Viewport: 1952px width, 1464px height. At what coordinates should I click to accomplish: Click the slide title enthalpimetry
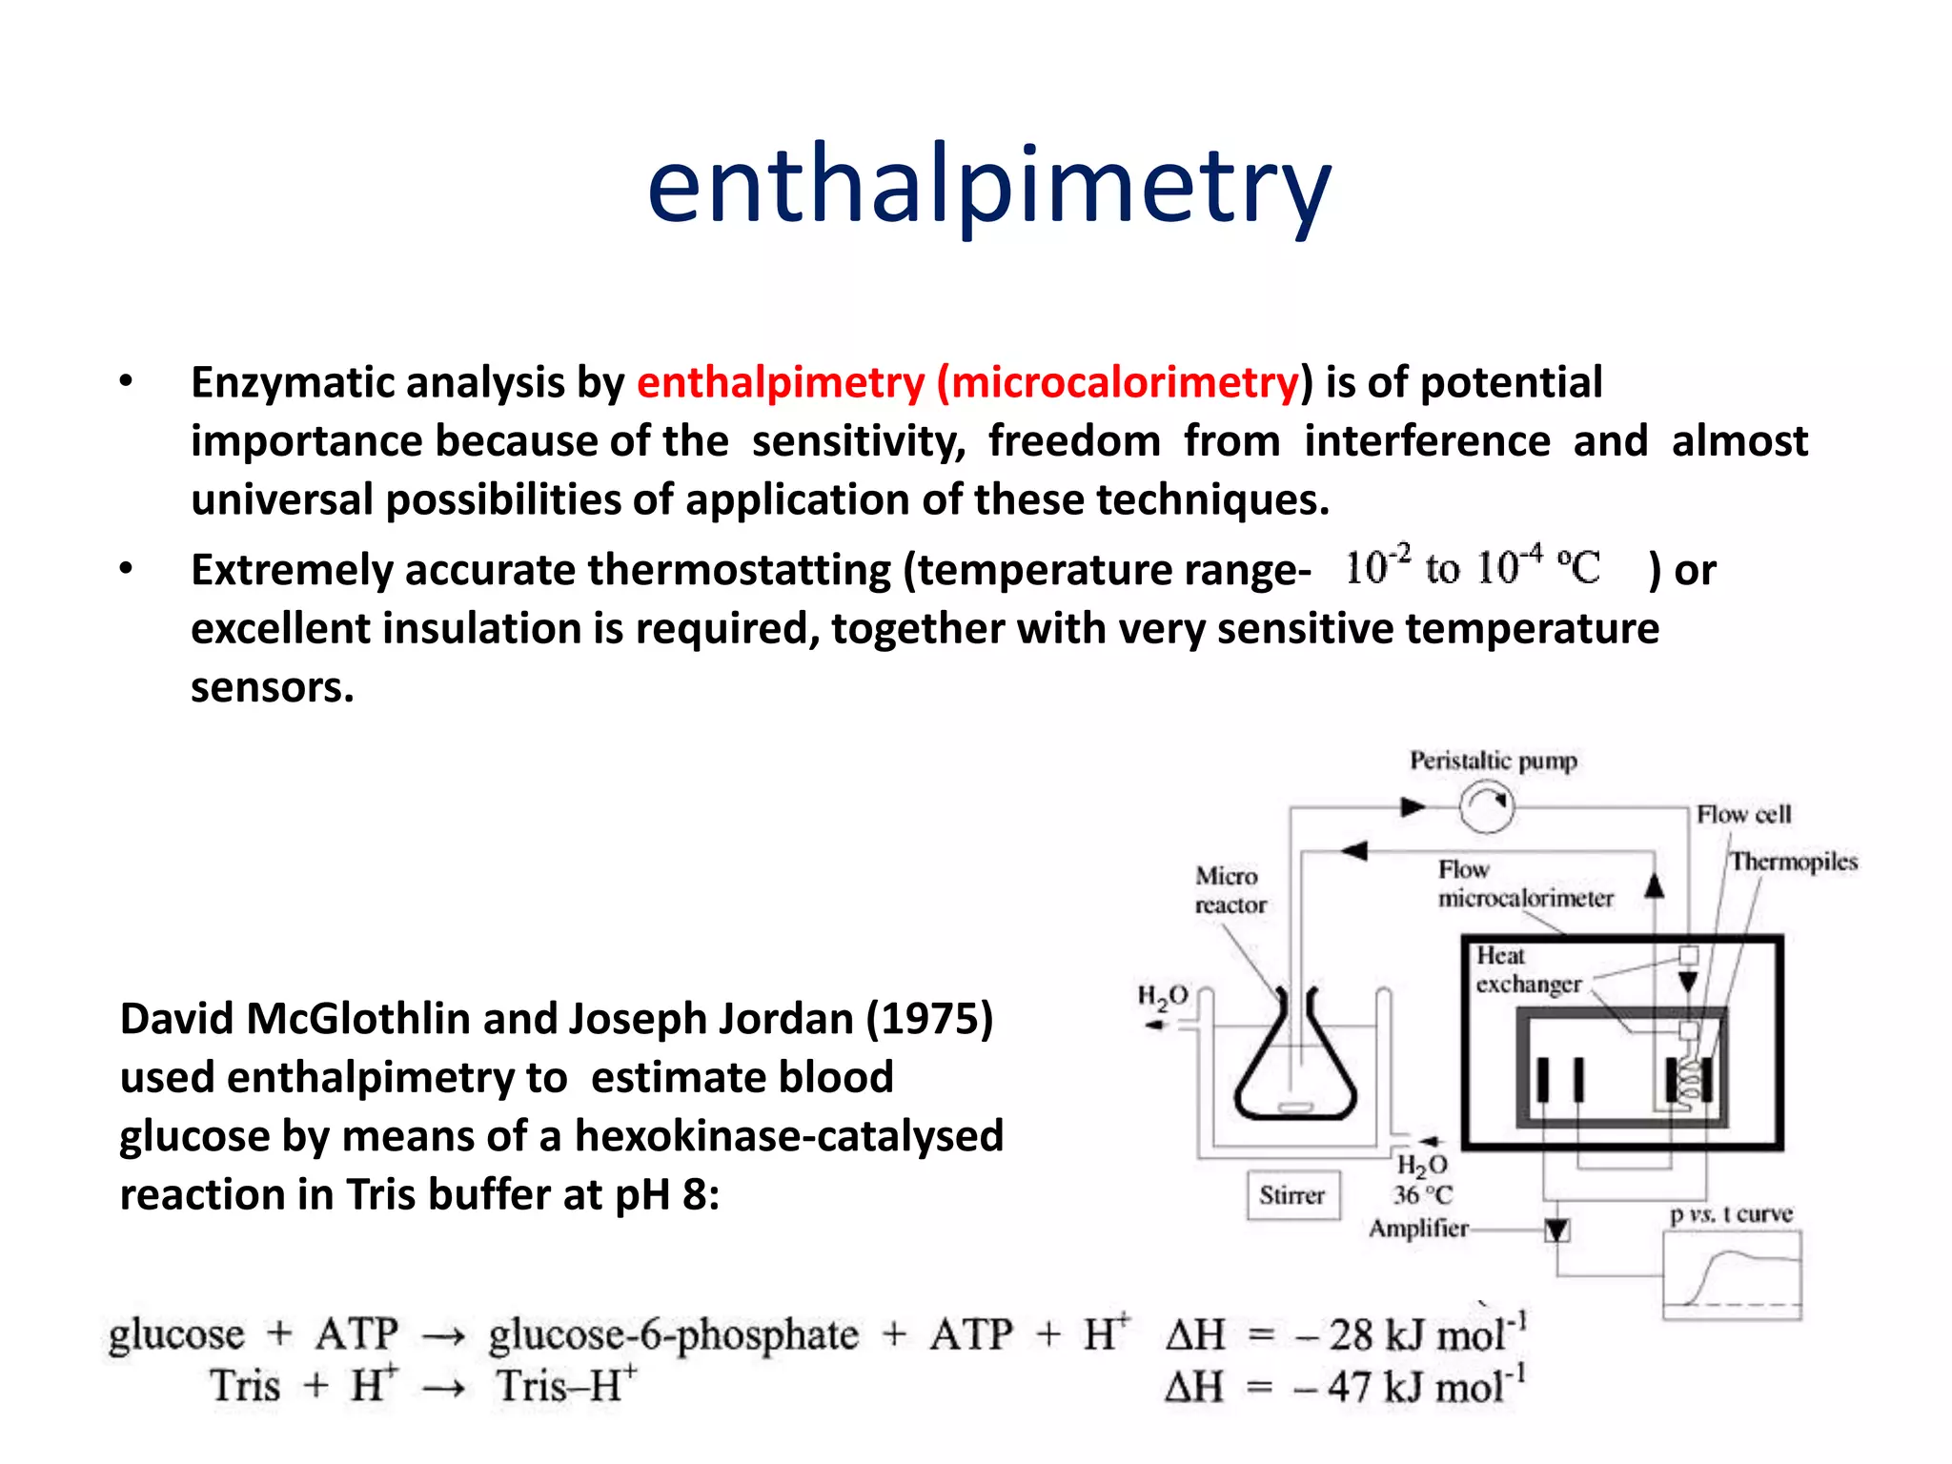pos(988,186)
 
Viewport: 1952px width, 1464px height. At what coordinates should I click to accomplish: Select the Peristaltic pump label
pos(1493,761)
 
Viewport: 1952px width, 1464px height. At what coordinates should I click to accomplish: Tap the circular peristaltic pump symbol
pos(1487,806)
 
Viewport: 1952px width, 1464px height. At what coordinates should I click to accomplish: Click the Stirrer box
pos(1292,1195)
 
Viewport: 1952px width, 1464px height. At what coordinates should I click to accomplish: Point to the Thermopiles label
pos(1794,862)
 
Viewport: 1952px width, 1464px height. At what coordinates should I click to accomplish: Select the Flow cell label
pos(1743,815)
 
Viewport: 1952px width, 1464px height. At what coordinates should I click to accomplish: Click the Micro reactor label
pos(1230,890)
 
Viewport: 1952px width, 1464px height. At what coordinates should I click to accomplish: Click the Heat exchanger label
pos(1528,969)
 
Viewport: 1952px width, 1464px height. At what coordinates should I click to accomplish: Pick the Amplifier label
pos(1418,1229)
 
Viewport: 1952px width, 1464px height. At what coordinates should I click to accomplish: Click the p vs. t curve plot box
pos(1732,1275)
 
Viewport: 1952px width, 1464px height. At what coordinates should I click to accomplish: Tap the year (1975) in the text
pos(929,1019)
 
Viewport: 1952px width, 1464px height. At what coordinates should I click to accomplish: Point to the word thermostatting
pos(739,571)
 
